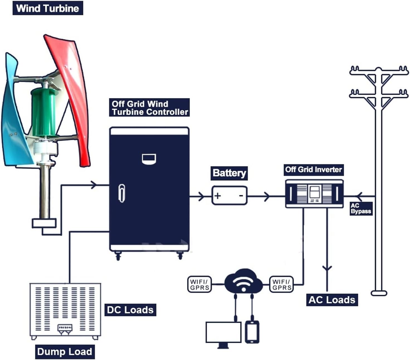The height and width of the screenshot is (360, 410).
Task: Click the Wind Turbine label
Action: click(x=48, y=8)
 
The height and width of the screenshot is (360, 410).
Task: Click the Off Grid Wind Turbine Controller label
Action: click(x=149, y=108)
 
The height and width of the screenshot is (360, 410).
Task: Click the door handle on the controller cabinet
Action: click(x=121, y=193)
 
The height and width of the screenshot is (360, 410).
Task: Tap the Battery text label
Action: click(x=229, y=173)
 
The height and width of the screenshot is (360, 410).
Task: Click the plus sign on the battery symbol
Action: click(x=218, y=196)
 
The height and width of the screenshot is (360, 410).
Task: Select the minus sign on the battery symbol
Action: click(x=241, y=196)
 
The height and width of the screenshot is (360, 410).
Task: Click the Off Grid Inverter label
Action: click(x=313, y=170)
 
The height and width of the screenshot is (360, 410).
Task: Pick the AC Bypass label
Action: click(x=360, y=209)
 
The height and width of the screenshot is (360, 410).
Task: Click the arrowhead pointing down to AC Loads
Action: click(x=327, y=269)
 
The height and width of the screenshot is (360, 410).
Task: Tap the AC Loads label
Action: click(x=332, y=300)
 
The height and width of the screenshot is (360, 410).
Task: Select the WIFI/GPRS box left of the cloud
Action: click(x=199, y=284)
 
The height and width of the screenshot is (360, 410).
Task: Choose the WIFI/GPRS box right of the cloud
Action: click(x=281, y=284)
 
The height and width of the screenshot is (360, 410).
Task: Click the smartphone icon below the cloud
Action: click(x=252, y=332)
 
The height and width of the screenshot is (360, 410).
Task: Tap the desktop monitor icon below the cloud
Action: click(x=223, y=333)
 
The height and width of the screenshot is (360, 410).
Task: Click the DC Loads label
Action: click(x=130, y=310)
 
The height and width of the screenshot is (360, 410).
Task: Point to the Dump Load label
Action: click(x=65, y=352)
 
